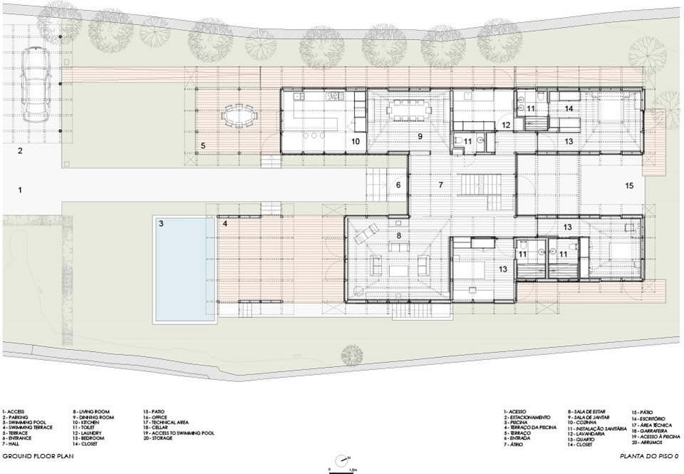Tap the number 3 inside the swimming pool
(x=161, y=223)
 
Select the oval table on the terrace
(x=239, y=115)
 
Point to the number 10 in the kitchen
(x=355, y=142)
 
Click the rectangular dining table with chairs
(x=408, y=109)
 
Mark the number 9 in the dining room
(x=420, y=135)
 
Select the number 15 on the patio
(x=628, y=185)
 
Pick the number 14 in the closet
(x=569, y=108)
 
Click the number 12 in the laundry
(x=505, y=125)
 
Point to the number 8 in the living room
(x=399, y=235)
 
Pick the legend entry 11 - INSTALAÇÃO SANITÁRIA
(x=598, y=428)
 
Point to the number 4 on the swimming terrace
(x=224, y=224)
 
